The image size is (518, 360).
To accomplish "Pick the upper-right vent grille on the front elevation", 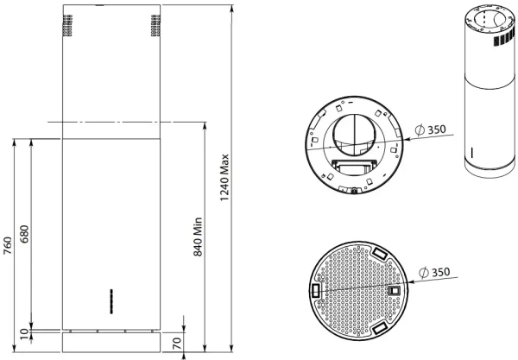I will pos(154,27).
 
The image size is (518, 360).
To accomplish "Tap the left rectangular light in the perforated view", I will pos(315,292).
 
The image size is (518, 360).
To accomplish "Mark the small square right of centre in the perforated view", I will pos(395,292).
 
